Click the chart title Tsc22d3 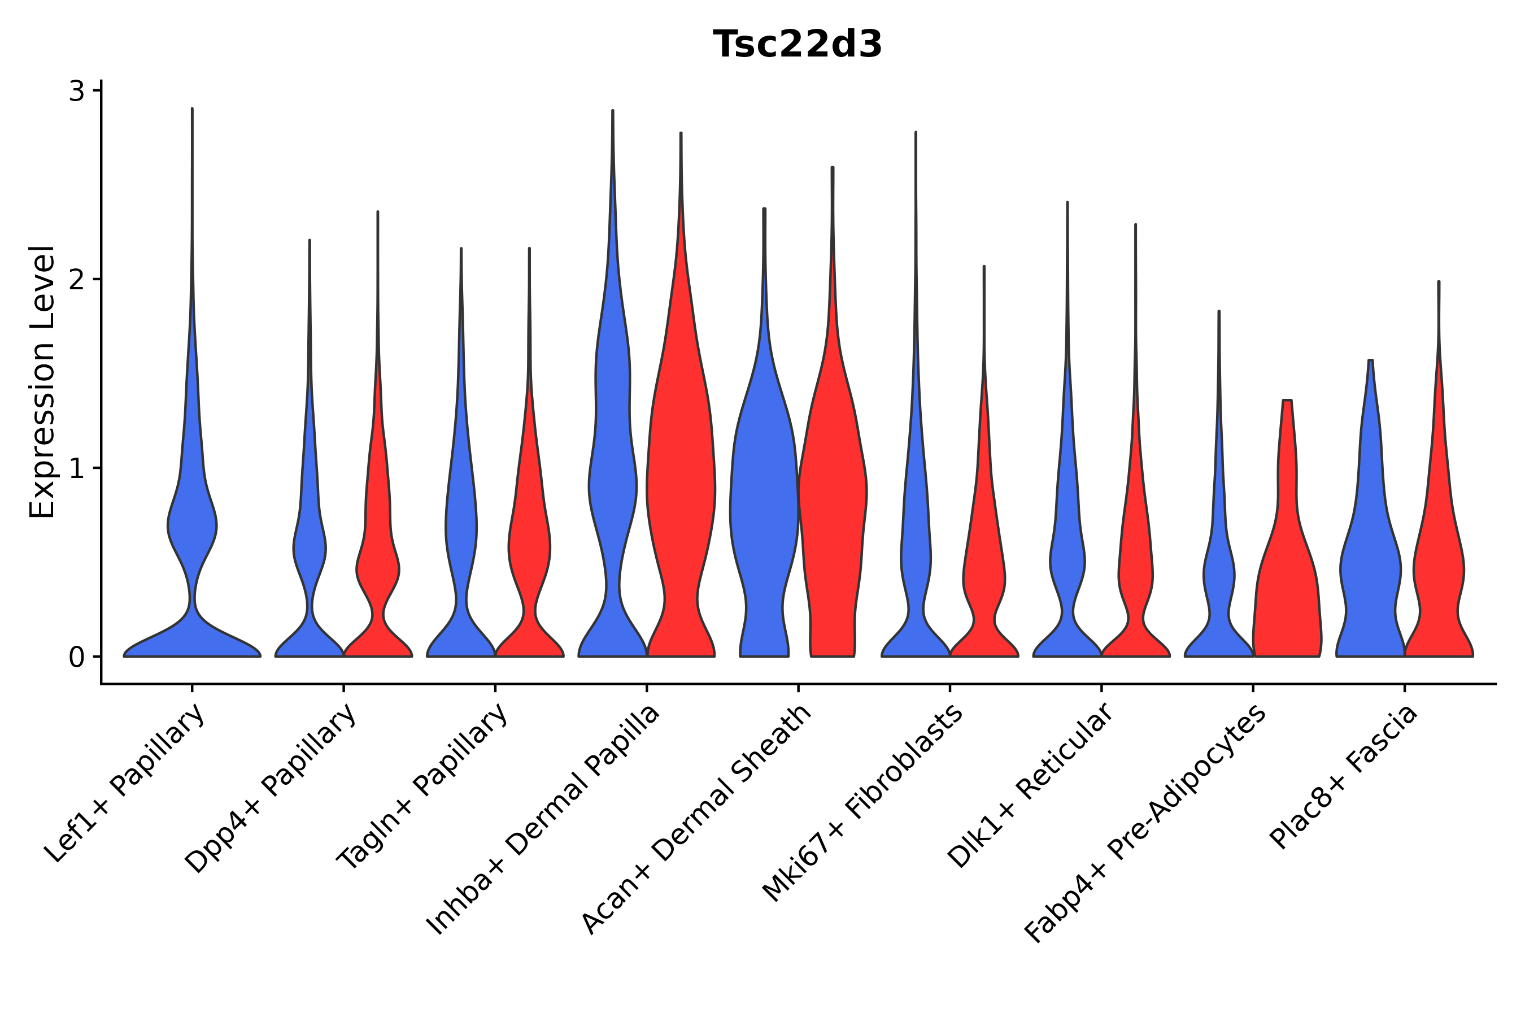(x=797, y=45)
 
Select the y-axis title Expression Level (x=42, y=382)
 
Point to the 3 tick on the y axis (x=76, y=92)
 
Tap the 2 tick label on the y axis (x=76, y=280)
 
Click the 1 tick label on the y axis (x=76, y=468)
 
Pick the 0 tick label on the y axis (x=76, y=657)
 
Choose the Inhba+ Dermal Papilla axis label (x=544, y=820)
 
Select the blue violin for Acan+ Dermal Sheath (x=764, y=506)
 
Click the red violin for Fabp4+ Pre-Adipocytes (x=1287, y=584)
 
